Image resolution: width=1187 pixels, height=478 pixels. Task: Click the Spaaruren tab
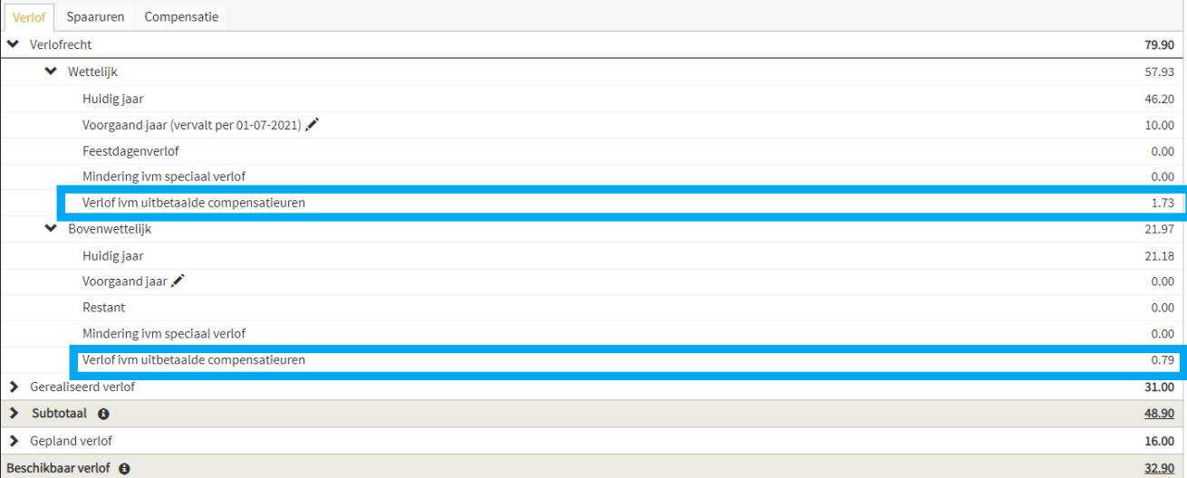coord(95,17)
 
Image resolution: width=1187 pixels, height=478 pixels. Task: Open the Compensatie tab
coord(181,17)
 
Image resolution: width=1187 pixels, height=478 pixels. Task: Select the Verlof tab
coord(29,17)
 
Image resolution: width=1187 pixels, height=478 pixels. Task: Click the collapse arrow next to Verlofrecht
coord(14,43)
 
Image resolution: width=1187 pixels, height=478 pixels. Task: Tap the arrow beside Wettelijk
coord(51,71)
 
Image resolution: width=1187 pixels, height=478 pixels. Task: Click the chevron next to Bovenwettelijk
coord(51,228)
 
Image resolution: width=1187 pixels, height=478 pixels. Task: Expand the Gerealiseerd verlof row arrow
coord(14,387)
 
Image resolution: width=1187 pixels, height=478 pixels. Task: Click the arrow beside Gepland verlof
coord(14,440)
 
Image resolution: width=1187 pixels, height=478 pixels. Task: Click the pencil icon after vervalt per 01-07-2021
coord(312,124)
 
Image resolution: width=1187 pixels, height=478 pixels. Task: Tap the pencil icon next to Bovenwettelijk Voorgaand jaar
coord(178,281)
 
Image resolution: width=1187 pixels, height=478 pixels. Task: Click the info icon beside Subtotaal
coord(103,414)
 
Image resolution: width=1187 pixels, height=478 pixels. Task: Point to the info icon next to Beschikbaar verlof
coord(124,468)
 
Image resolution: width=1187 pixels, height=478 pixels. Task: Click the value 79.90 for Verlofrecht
coord(1160,45)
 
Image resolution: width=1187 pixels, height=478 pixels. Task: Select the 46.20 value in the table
coord(1160,99)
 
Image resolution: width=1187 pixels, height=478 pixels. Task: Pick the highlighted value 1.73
coord(1163,203)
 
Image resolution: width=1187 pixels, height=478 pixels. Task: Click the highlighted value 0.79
coord(1163,360)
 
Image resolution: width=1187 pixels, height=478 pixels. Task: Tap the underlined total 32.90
coord(1160,468)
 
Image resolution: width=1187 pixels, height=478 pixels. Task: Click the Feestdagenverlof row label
coord(130,151)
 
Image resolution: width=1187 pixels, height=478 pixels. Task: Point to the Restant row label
coord(104,308)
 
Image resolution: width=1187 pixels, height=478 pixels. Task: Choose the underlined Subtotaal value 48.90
coord(1160,414)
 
